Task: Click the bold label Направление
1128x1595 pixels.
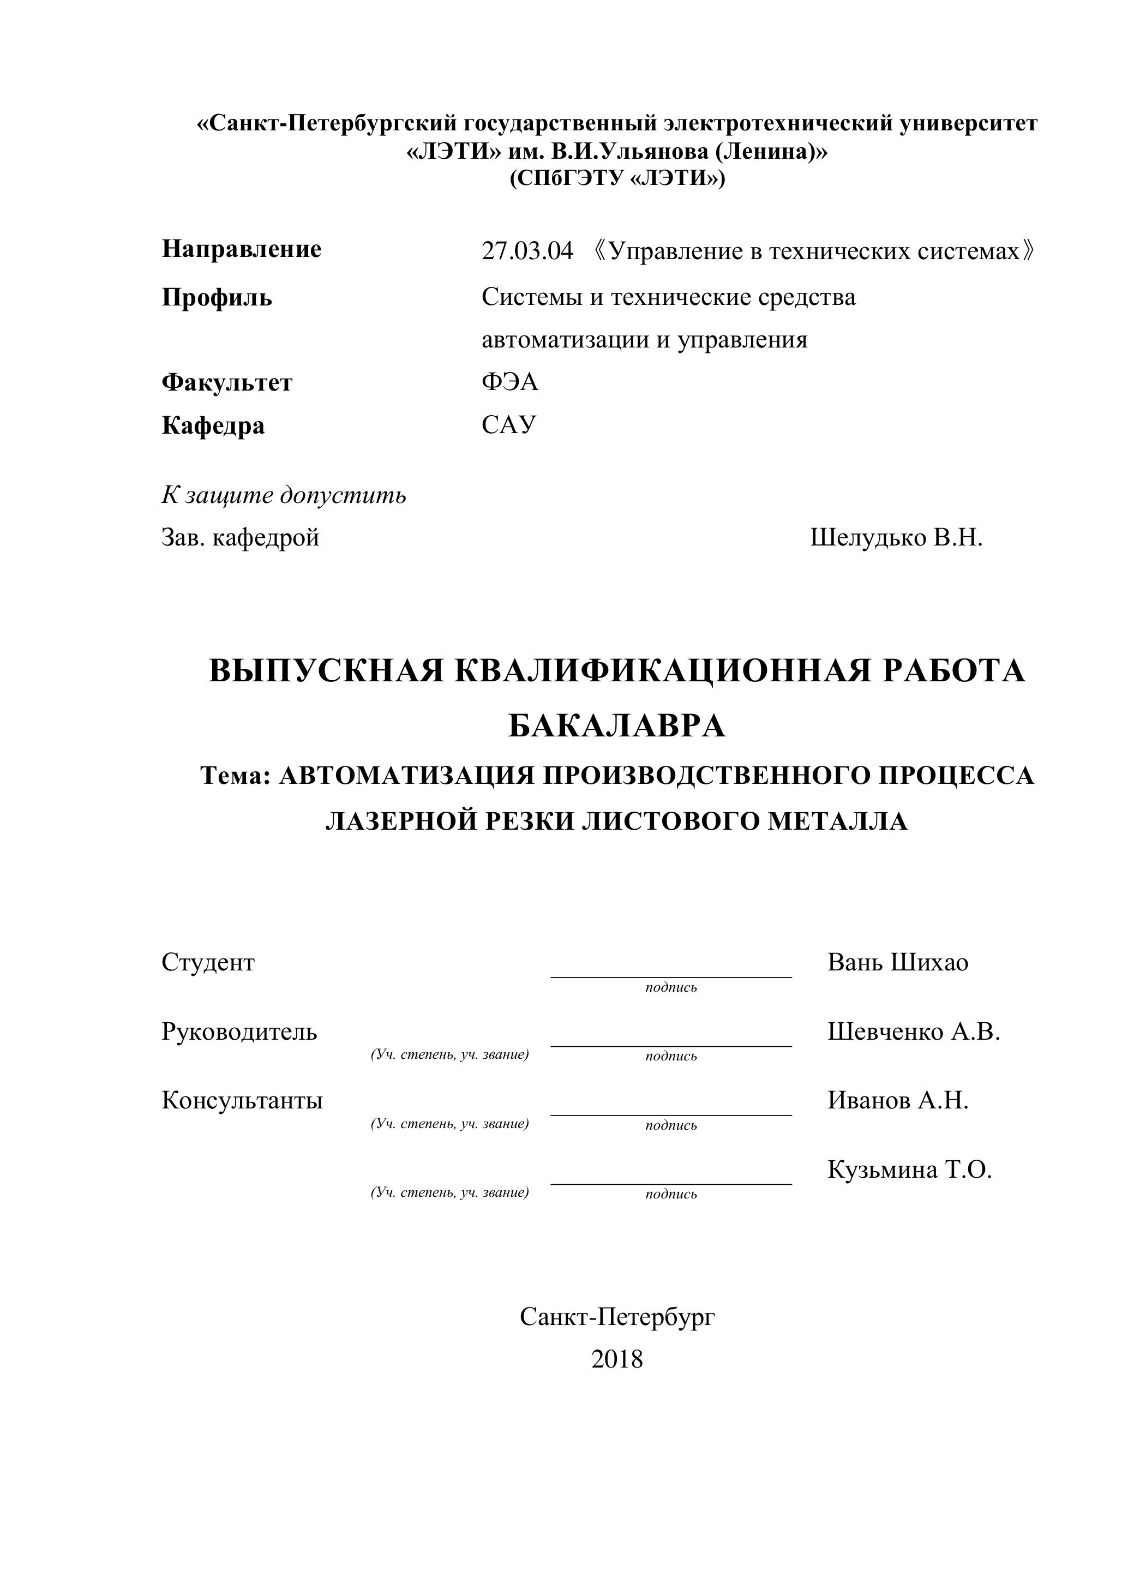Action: (x=242, y=249)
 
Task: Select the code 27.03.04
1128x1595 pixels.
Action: (x=527, y=251)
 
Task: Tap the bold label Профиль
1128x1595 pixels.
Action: (x=217, y=297)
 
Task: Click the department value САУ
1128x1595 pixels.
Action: (x=509, y=424)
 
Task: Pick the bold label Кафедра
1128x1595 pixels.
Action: (x=213, y=425)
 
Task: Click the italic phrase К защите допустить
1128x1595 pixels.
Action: (x=284, y=495)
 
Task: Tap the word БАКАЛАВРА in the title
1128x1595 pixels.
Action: (x=617, y=727)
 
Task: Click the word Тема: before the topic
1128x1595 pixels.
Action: (x=235, y=775)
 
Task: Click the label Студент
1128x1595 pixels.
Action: (x=208, y=962)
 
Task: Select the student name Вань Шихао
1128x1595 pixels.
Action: (x=897, y=962)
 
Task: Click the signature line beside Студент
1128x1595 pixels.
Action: (x=671, y=976)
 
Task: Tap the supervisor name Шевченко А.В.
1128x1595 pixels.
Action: (x=914, y=1032)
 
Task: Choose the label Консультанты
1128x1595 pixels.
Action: (x=242, y=1100)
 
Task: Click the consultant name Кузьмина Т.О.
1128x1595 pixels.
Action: (x=909, y=1170)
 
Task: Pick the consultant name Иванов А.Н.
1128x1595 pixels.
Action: (x=897, y=1100)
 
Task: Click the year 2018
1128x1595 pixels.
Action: (x=617, y=1359)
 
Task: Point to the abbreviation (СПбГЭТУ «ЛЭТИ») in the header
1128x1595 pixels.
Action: (x=617, y=178)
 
